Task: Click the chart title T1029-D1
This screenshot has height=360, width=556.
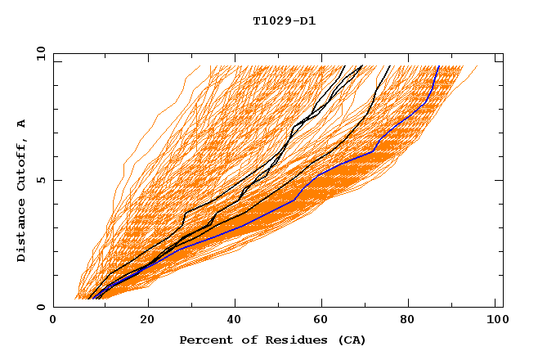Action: [x=284, y=21]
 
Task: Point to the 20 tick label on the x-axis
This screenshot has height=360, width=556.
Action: [x=147, y=322]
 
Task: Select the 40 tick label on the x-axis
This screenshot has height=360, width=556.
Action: [x=235, y=322]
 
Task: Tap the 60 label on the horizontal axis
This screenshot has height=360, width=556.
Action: [x=325, y=322]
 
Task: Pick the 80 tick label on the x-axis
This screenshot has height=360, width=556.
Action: [x=413, y=322]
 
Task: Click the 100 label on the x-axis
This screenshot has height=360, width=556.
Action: [x=494, y=322]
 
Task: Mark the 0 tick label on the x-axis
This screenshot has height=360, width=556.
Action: [x=53, y=322]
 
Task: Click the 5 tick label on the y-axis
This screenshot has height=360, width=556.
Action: [x=40, y=180]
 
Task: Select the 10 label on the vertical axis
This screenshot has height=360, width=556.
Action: [x=37, y=53]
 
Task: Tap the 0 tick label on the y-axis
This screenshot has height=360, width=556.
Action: [x=40, y=307]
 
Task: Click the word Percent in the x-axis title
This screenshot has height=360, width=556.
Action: [x=204, y=340]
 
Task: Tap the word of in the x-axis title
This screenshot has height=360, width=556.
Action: [x=243, y=340]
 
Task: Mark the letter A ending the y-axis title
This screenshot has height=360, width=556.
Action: [x=22, y=124]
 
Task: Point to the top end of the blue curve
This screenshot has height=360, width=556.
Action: [x=438, y=66]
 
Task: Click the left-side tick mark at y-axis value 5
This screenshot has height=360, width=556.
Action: [x=56, y=180]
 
